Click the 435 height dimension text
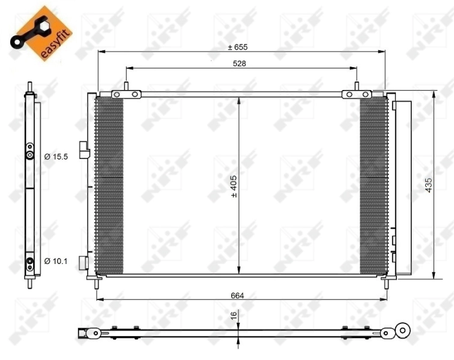tap(428, 185)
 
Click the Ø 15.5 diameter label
tap(57, 157)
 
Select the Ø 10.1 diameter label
tap(56, 260)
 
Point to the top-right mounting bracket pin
tap(356, 88)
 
